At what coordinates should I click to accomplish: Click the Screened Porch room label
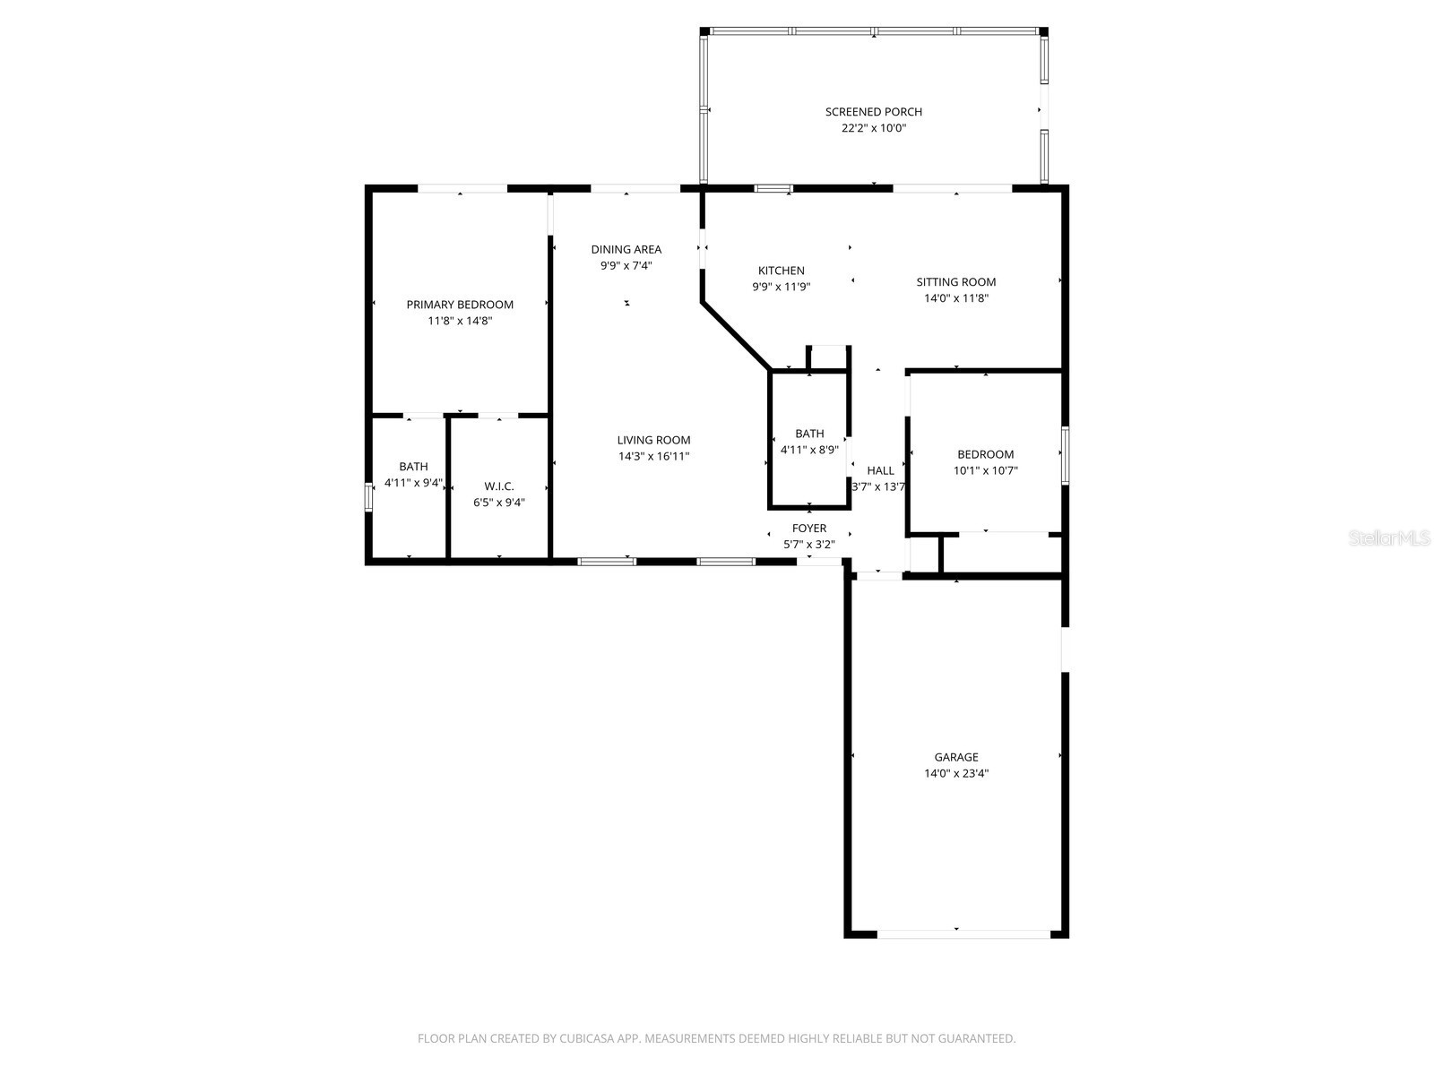click(x=873, y=112)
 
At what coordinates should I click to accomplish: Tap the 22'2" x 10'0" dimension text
click(x=873, y=128)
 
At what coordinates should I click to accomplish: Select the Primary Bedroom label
click(x=460, y=305)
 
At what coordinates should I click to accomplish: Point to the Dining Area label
click(x=626, y=249)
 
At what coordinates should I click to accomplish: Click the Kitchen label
click(x=781, y=271)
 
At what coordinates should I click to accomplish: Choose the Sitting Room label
click(x=955, y=282)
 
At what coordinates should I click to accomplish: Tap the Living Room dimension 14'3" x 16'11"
click(x=653, y=456)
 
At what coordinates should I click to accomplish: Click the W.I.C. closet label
click(x=498, y=486)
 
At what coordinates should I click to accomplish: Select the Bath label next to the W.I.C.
click(x=413, y=467)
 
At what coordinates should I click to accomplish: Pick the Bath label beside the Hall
click(x=809, y=434)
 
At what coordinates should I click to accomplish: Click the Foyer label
click(x=809, y=529)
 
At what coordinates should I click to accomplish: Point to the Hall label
click(x=880, y=470)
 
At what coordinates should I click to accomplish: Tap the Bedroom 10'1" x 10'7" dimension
click(x=985, y=470)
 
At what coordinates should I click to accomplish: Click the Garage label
click(x=955, y=757)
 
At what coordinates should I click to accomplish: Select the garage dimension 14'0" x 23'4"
click(x=955, y=773)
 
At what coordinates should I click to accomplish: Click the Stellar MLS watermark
click(x=1389, y=538)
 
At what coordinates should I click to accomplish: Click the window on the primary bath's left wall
click(x=367, y=497)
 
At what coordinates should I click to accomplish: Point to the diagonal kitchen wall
click(x=735, y=336)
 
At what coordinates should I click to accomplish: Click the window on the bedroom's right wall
click(x=1065, y=455)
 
